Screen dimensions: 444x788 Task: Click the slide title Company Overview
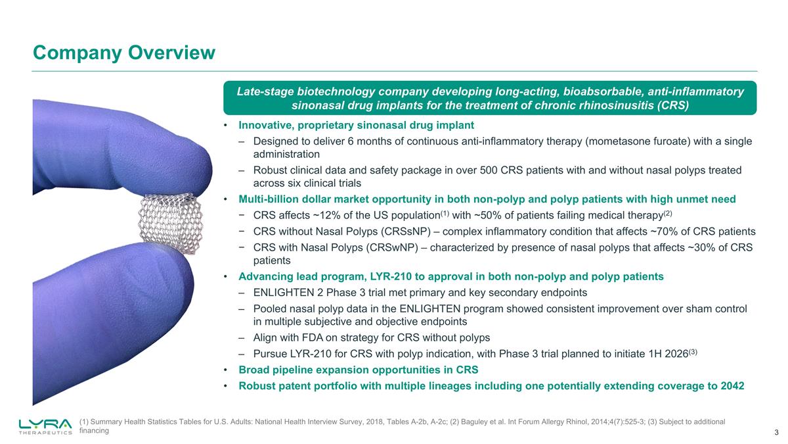click(x=124, y=52)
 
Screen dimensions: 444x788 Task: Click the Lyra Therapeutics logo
click(x=45, y=426)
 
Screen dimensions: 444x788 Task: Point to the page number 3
click(x=776, y=432)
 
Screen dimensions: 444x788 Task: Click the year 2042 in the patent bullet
click(x=732, y=385)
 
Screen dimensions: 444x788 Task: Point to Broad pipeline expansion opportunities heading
click(x=358, y=370)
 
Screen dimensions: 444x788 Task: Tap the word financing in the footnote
click(x=94, y=431)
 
